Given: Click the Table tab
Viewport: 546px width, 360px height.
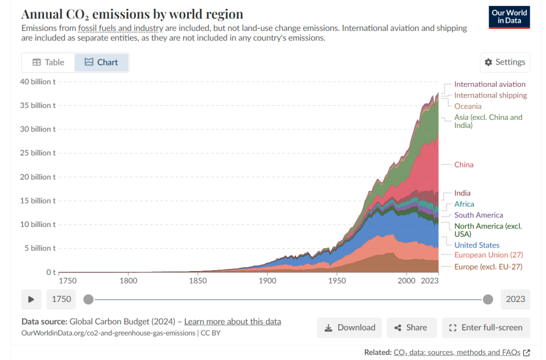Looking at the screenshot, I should coord(48,62).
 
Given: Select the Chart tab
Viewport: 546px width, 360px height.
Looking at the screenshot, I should coord(101,62).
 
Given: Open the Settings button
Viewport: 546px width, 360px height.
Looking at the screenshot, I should coord(505,62).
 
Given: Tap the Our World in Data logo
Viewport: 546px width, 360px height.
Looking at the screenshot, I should coord(509,16).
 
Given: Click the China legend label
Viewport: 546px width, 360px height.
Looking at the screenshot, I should coord(464,164).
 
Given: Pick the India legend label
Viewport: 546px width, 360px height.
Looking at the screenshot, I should coord(462,193).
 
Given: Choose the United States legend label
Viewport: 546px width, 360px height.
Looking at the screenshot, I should coord(477,245).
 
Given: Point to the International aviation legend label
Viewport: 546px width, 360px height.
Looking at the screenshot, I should coord(490,84).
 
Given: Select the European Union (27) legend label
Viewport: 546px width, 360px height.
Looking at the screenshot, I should coord(489,255).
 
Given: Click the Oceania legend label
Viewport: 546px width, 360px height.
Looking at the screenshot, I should coord(468,106).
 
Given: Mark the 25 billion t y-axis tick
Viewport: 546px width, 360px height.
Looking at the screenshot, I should coord(37,153).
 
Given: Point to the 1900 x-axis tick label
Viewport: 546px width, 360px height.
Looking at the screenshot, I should coord(267,281).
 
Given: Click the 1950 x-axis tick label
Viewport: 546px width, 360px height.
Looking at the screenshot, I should coord(337,281).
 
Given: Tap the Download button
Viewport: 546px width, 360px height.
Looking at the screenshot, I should coord(349,327).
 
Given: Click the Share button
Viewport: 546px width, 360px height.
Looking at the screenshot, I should coord(411,327).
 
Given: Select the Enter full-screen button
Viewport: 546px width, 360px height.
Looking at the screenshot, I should coord(486,327).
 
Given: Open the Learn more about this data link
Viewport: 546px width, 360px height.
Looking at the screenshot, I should coord(232,321).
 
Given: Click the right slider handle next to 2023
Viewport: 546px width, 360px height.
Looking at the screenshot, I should coord(488,299).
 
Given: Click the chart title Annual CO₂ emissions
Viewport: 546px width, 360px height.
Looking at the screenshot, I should coord(132,13).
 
